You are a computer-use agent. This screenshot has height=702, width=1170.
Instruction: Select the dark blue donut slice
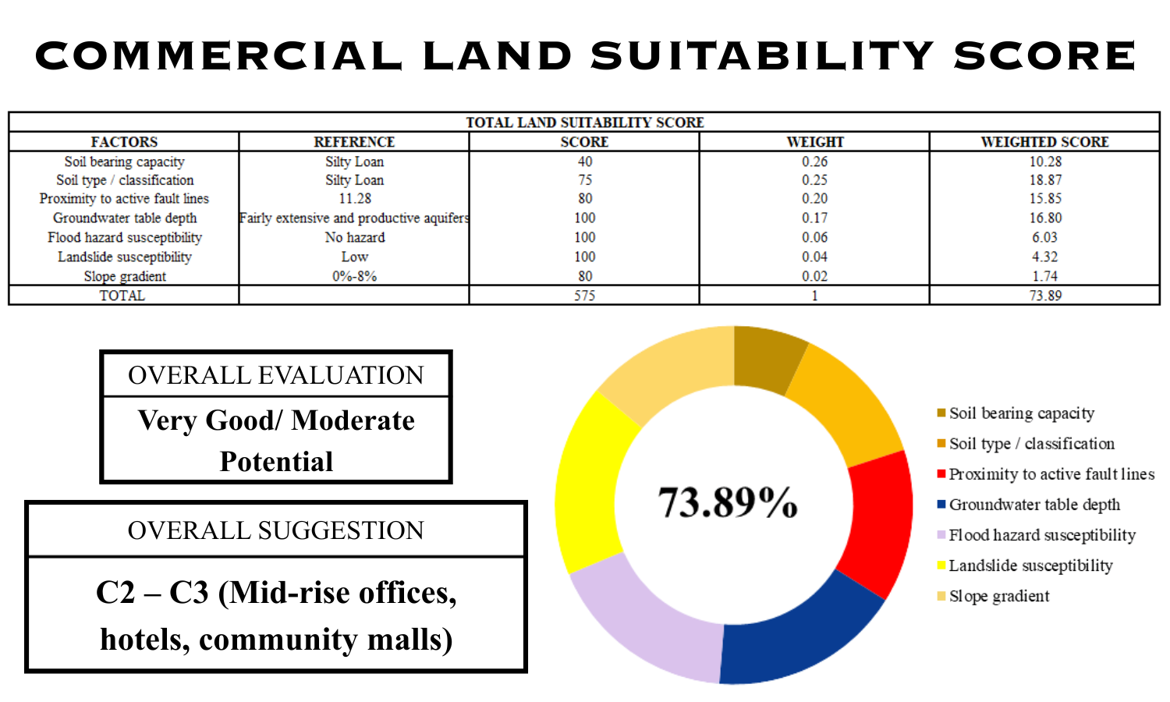pos(796,636)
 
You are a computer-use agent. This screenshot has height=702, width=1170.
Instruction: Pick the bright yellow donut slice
pos(589,484)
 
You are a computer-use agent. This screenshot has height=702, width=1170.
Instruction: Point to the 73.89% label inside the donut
pos(728,502)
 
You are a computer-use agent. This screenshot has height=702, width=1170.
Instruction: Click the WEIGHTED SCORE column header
pos(1044,142)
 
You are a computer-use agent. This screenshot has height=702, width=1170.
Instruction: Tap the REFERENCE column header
pos(354,142)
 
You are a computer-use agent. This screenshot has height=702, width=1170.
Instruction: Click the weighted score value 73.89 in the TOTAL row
pos(1044,296)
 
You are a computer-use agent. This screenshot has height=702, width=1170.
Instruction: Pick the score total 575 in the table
pos(584,296)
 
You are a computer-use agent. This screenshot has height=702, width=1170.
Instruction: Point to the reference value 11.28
pos(354,199)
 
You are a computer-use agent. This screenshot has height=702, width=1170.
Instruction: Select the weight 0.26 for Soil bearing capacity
pos(814,161)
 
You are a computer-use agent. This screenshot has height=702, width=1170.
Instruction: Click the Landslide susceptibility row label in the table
pos(124,257)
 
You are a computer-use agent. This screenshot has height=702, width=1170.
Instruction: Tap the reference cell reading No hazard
pos(354,237)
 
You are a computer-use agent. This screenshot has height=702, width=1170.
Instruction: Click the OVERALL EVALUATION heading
pos(275,375)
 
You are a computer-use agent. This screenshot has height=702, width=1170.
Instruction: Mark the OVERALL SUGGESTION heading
pos(275,530)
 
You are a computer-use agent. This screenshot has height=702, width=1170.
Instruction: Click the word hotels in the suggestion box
pos(144,640)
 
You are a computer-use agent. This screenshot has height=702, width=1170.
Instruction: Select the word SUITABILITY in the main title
pos(761,56)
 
